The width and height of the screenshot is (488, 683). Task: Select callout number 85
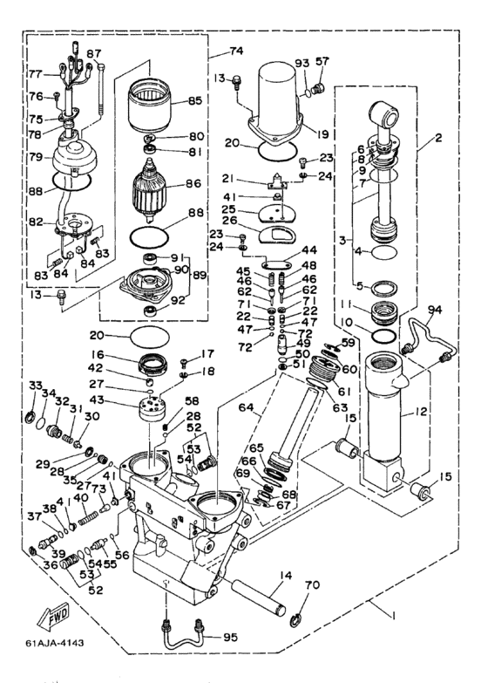(x=194, y=100)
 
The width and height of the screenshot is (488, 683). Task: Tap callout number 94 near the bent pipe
(x=435, y=310)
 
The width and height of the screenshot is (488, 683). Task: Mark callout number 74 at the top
(x=236, y=51)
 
